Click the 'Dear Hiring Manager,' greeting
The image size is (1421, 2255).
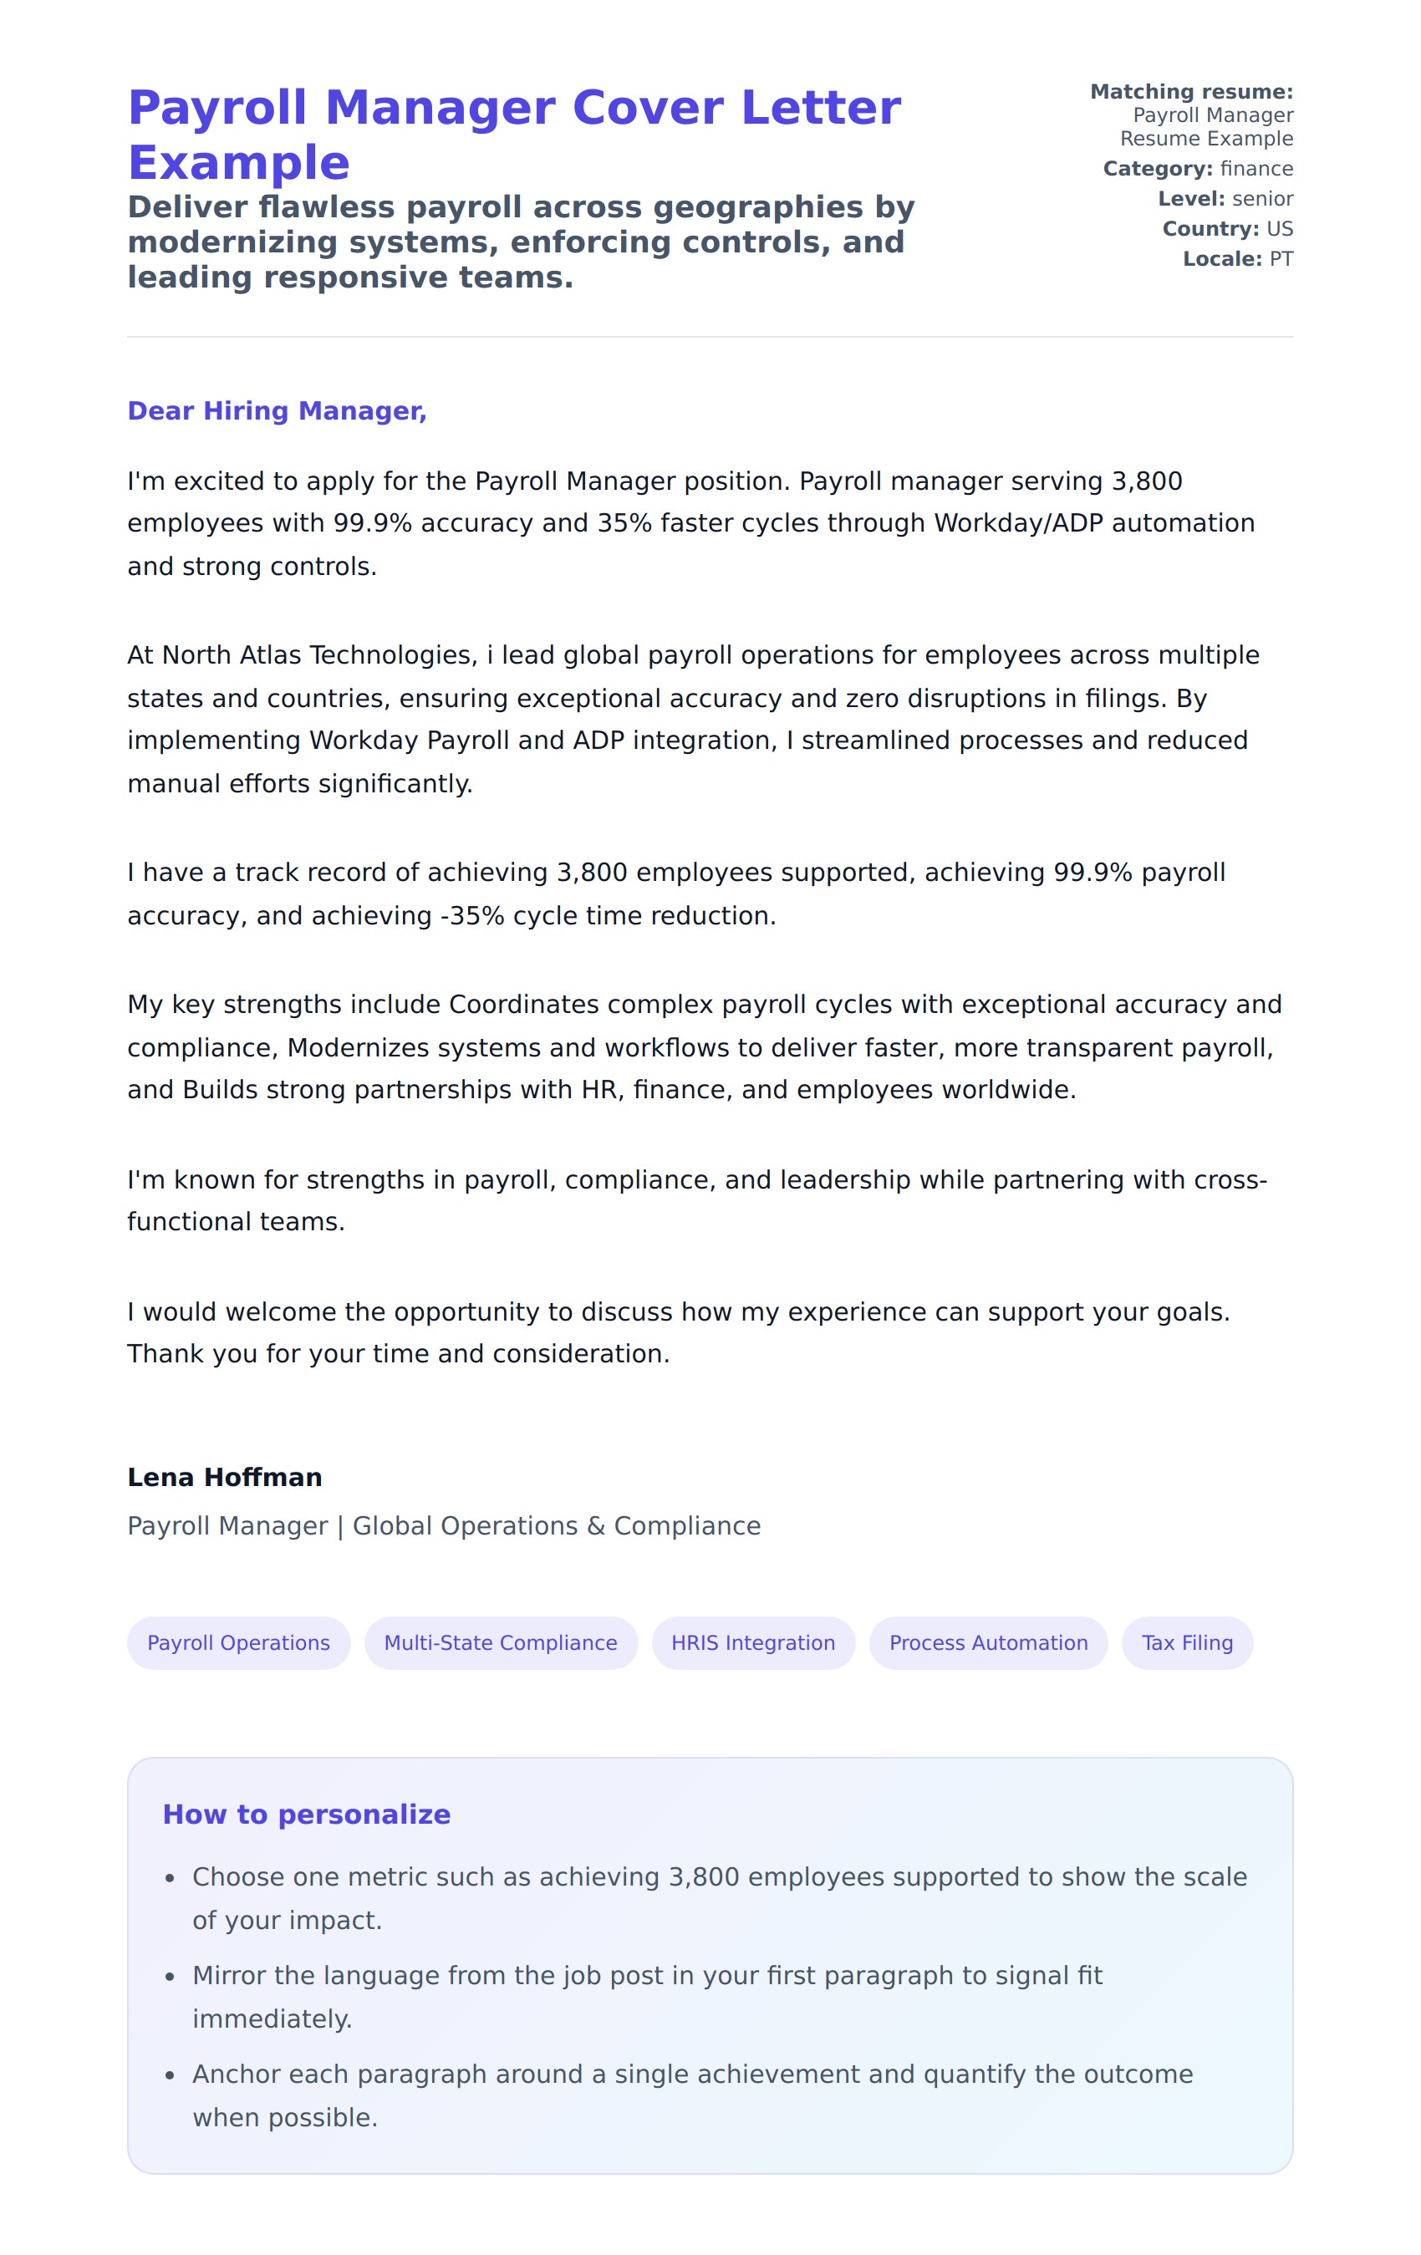pyautogui.click(x=277, y=411)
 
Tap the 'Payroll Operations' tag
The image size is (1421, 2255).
pyautogui.click(x=238, y=1642)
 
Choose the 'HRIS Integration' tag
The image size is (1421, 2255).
pyautogui.click(x=752, y=1642)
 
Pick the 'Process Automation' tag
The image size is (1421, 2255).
pyautogui.click(x=987, y=1642)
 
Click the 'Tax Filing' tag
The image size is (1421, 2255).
pyautogui.click(x=1186, y=1642)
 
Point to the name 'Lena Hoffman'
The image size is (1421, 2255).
pyautogui.click(x=225, y=1477)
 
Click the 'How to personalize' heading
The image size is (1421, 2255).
pyautogui.click(x=306, y=1814)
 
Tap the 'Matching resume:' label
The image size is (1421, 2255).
pyautogui.click(x=1190, y=92)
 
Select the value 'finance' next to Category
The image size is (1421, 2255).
pyautogui.click(x=1256, y=169)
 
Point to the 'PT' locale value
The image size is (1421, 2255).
pyautogui.click(x=1281, y=258)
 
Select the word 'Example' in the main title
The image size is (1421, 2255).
pyautogui.click(x=239, y=163)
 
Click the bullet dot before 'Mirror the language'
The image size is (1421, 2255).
pyautogui.click(x=170, y=1977)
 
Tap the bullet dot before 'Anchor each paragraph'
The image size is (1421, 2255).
pyautogui.click(x=170, y=2075)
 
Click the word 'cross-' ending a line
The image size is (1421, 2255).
pyautogui.click(x=1230, y=1179)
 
